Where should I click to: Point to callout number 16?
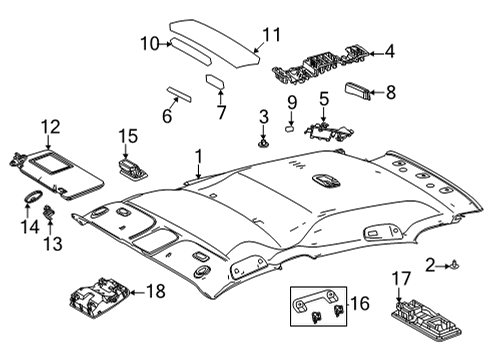(x=359, y=302)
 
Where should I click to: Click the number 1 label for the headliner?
(x=198, y=156)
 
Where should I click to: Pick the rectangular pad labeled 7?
(x=215, y=81)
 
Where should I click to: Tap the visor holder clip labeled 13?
(x=48, y=215)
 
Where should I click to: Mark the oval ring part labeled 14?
(x=31, y=198)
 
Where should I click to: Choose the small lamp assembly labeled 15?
(x=130, y=166)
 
